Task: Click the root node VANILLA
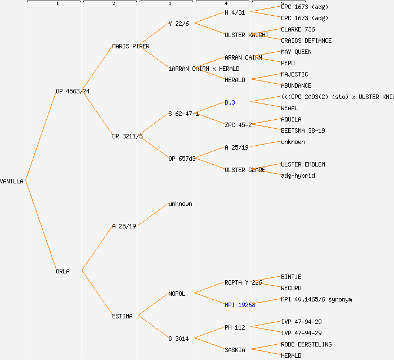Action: pos(12,181)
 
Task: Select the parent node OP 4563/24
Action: pos(73,91)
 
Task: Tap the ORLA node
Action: pos(62,271)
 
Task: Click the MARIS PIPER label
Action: pos(131,46)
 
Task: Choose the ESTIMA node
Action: pos(122,316)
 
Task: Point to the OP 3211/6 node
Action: pos(127,136)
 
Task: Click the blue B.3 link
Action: pos(230,102)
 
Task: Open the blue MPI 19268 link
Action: pos(240,305)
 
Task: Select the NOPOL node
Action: pos(177,294)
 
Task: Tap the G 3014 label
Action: pos(178,339)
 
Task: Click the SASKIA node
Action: pos(235,350)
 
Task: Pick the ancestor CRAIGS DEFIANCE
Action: pos(306,40)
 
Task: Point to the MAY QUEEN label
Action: pos(296,52)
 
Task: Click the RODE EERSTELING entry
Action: pos(306,344)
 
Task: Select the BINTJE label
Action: pos(291,277)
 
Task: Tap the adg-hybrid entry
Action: pos(298,175)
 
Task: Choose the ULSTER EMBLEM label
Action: pos(303,164)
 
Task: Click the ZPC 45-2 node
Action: pos(238,125)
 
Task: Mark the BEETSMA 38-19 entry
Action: pos(303,130)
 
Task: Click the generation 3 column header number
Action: pos(169,4)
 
